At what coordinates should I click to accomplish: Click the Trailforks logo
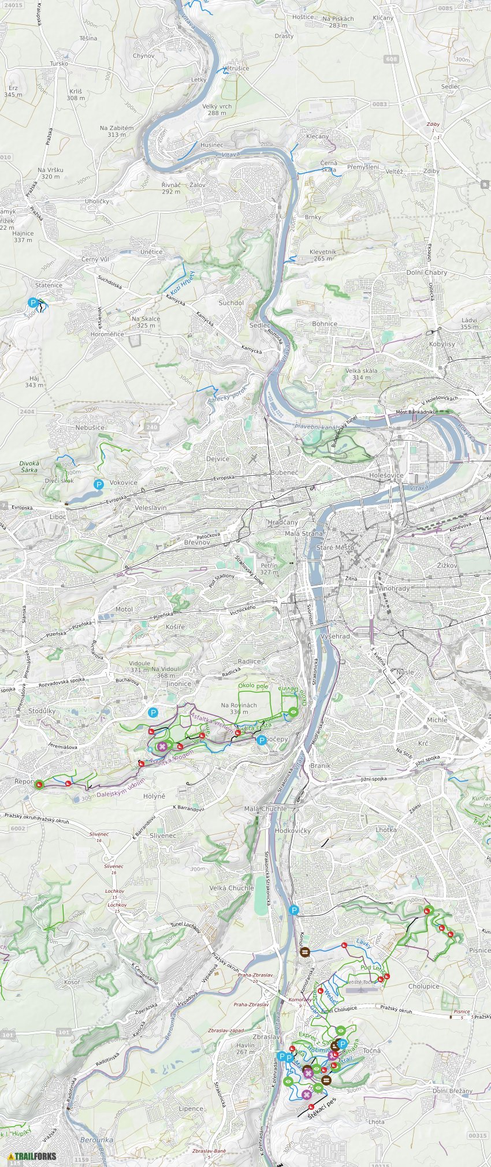click(32, 1156)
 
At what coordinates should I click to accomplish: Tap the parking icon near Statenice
click(33, 302)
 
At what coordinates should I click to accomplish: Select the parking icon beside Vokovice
click(99, 484)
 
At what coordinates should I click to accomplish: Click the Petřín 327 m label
click(269, 569)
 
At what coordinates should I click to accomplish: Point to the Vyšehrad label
click(335, 636)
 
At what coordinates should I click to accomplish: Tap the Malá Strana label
click(304, 534)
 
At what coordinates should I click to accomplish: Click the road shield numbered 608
click(391, 59)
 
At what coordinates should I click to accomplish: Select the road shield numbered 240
click(152, 427)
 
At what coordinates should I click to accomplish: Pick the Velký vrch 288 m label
click(217, 110)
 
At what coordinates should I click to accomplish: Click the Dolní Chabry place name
click(426, 273)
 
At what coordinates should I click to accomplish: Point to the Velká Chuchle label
click(231, 888)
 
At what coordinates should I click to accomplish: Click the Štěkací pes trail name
click(322, 1101)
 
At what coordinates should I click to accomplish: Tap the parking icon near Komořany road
click(294, 911)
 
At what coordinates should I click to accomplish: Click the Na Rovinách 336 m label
click(239, 708)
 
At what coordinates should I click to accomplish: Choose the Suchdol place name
click(231, 303)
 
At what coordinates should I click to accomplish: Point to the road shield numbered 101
click(64, 1032)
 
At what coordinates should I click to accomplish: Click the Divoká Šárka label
click(29, 467)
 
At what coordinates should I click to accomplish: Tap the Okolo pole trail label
click(253, 686)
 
